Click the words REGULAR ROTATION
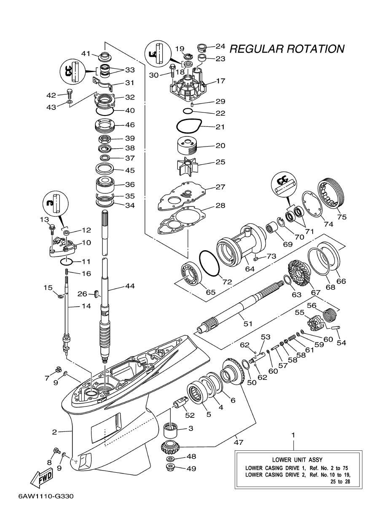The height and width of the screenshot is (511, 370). (287, 49)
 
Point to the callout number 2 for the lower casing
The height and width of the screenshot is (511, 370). (54, 432)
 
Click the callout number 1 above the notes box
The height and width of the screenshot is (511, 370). (294, 434)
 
